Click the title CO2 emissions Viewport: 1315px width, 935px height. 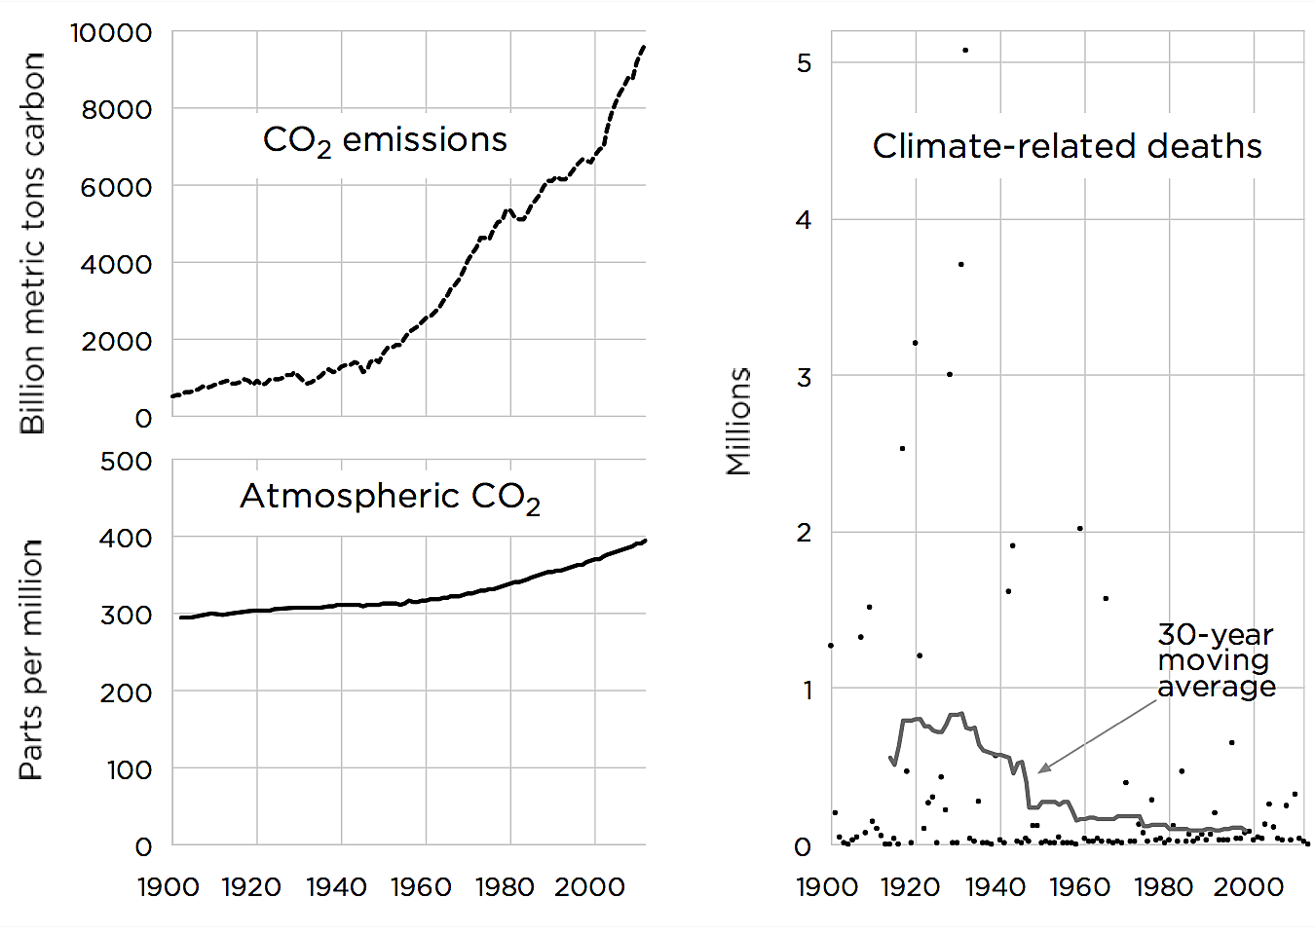[x=385, y=140]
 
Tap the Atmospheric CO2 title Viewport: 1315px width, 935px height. [x=390, y=497]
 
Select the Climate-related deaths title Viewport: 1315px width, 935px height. [x=1067, y=146]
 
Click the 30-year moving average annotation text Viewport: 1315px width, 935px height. [x=1216, y=660]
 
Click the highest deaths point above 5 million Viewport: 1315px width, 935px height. [x=965, y=50]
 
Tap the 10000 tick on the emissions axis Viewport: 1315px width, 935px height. [x=111, y=32]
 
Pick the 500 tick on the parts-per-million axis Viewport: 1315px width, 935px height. [x=127, y=461]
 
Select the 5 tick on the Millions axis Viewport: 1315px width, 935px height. [x=804, y=63]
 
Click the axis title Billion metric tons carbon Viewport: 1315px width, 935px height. [x=32, y=243]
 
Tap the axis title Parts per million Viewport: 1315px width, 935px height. [x=31, y=659]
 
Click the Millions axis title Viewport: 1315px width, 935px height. [x=739, y=422]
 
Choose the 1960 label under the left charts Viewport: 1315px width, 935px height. [x=421, y=887]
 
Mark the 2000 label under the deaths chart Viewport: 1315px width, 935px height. [x=1248, y=887]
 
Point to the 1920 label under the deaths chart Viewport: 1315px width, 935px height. [x=911, y=887]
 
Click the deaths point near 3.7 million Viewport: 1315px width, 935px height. [x=960, y=264]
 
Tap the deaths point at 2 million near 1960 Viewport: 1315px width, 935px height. [x=1080, y=529]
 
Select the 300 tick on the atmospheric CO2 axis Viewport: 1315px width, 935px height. [x=127, y=615]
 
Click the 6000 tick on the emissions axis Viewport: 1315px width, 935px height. [x=116, y=187]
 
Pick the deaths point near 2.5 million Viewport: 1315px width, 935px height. [x=902, y=448]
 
